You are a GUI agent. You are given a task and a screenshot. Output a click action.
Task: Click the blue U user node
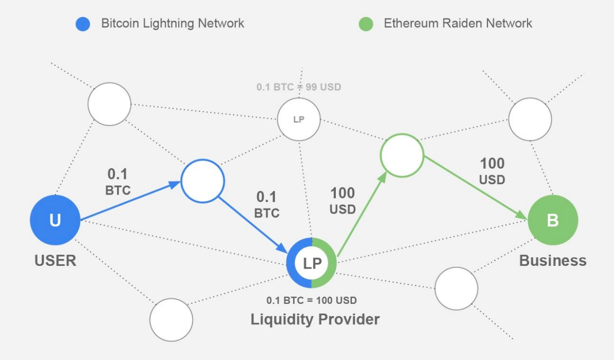55,220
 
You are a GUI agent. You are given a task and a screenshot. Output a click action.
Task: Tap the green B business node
553,220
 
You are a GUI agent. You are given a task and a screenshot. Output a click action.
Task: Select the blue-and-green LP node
312,263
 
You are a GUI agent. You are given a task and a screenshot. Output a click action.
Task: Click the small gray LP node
299,120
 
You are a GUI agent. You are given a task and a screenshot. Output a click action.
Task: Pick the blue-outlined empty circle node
203,181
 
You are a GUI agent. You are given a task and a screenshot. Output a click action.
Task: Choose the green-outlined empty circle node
402,155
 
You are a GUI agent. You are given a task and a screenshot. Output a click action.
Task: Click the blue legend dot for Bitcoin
83,24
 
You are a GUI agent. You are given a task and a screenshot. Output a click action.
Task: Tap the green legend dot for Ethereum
366,24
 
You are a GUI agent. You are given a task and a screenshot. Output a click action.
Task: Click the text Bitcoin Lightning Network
173,23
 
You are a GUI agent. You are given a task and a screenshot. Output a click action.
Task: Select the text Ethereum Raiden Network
458,23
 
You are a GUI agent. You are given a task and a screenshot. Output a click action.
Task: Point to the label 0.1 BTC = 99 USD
299,87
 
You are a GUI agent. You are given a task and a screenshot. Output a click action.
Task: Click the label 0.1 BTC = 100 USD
312,300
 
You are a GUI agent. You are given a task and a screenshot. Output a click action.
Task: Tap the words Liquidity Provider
315,320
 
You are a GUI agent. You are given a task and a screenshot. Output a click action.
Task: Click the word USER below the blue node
55,260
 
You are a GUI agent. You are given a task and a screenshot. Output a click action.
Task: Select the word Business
553,260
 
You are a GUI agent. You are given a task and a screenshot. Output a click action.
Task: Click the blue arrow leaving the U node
131,200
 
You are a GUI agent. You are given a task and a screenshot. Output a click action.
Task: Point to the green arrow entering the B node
476,188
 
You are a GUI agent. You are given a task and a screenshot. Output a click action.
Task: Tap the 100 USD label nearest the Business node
492,172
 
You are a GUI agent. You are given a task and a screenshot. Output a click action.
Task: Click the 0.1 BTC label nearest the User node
118,182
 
